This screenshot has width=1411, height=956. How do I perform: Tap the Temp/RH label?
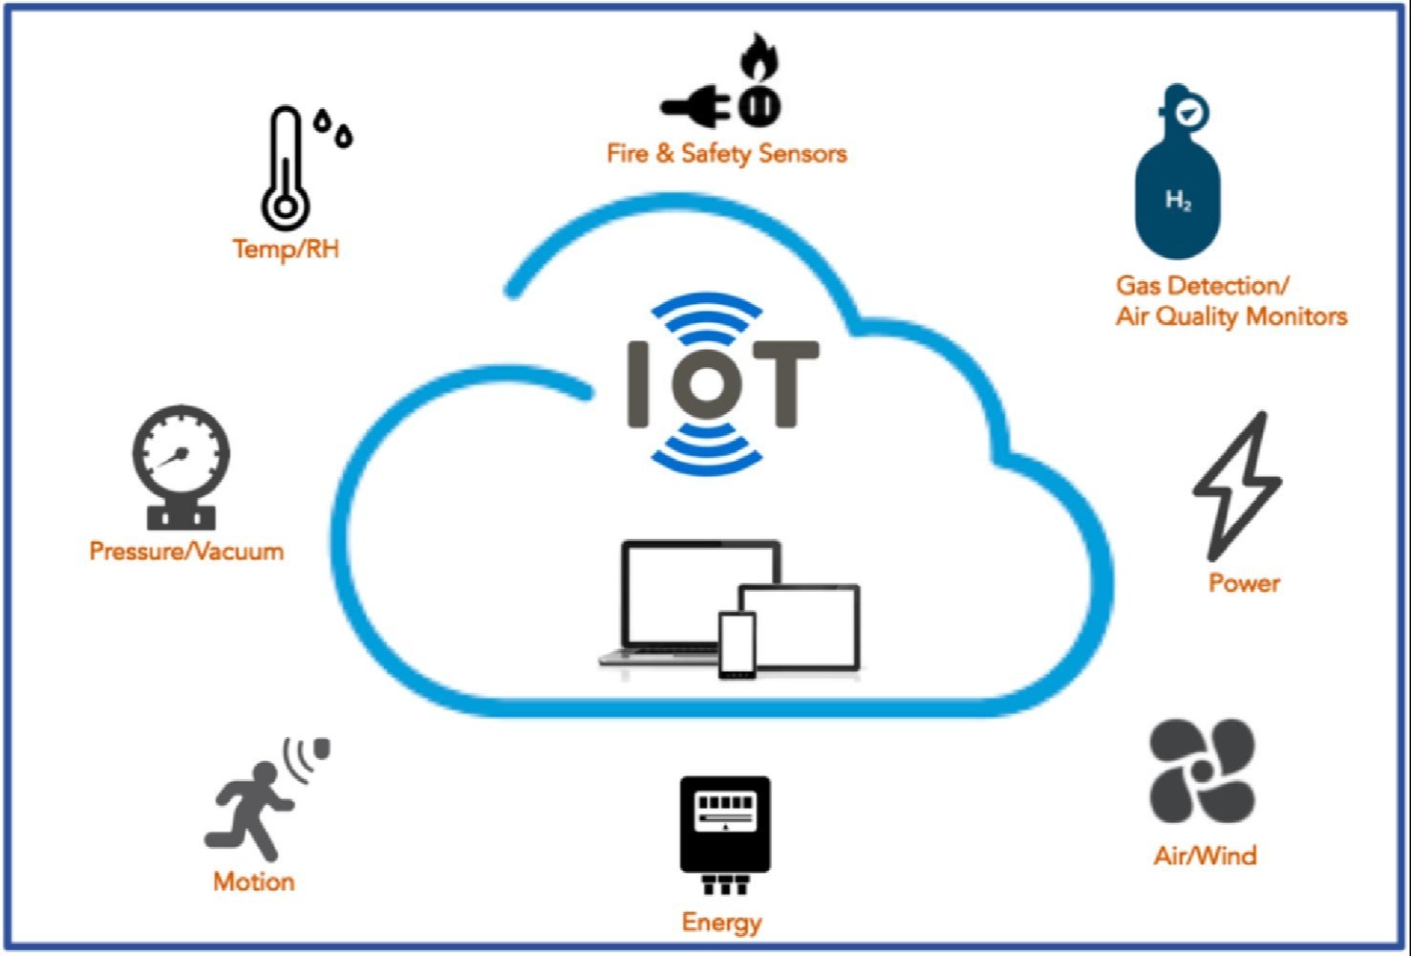286,250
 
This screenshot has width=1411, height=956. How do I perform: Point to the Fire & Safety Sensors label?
726,154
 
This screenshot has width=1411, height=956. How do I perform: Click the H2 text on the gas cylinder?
1178,201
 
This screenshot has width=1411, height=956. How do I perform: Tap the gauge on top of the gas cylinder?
1187,113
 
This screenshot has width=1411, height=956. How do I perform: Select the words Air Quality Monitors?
1231,316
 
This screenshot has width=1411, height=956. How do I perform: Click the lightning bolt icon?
1238,485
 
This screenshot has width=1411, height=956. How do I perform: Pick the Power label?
1244,583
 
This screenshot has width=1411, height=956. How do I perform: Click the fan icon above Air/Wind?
1202,771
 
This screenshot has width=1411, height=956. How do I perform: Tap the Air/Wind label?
1205,856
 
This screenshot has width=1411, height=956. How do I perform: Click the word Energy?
721,923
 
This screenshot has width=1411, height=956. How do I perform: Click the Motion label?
253,881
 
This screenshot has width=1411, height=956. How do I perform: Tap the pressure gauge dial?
182,453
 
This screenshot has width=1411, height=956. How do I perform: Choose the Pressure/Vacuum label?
186,552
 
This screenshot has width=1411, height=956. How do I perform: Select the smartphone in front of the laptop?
737,645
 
